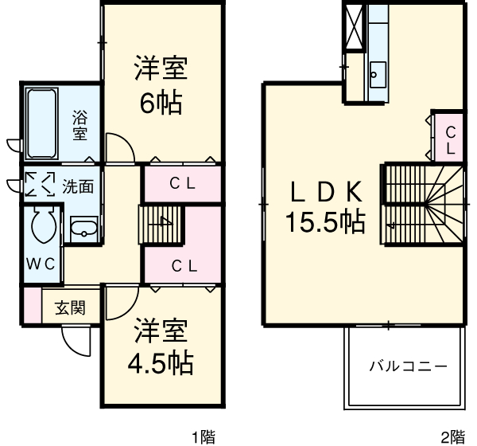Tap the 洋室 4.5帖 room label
(160, 348)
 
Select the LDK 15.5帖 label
(326, 205)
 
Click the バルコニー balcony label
(407, 366)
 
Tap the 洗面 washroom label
(79, 187)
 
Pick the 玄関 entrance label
(70, 307)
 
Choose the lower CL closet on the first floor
(184, 264)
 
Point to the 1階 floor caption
(204, 436)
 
